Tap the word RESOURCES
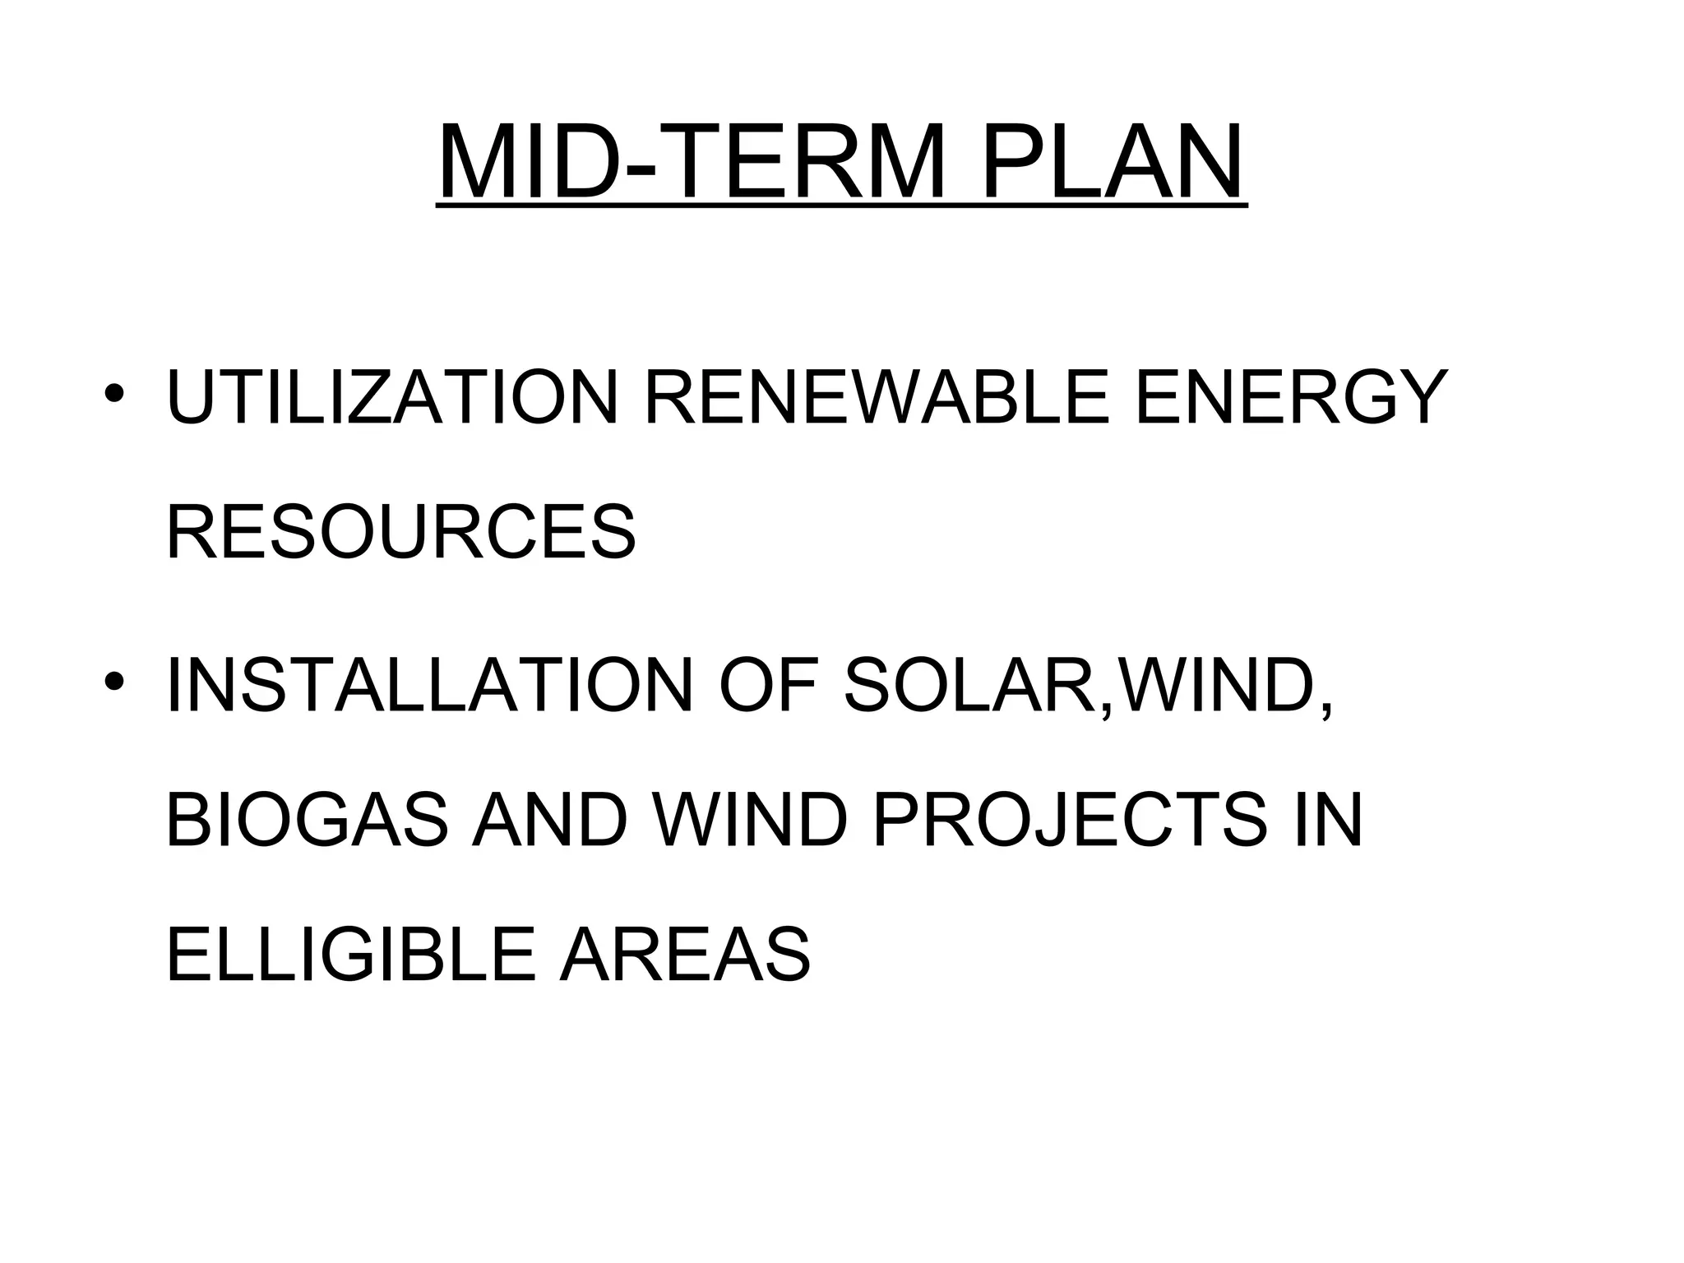point(401,532)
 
